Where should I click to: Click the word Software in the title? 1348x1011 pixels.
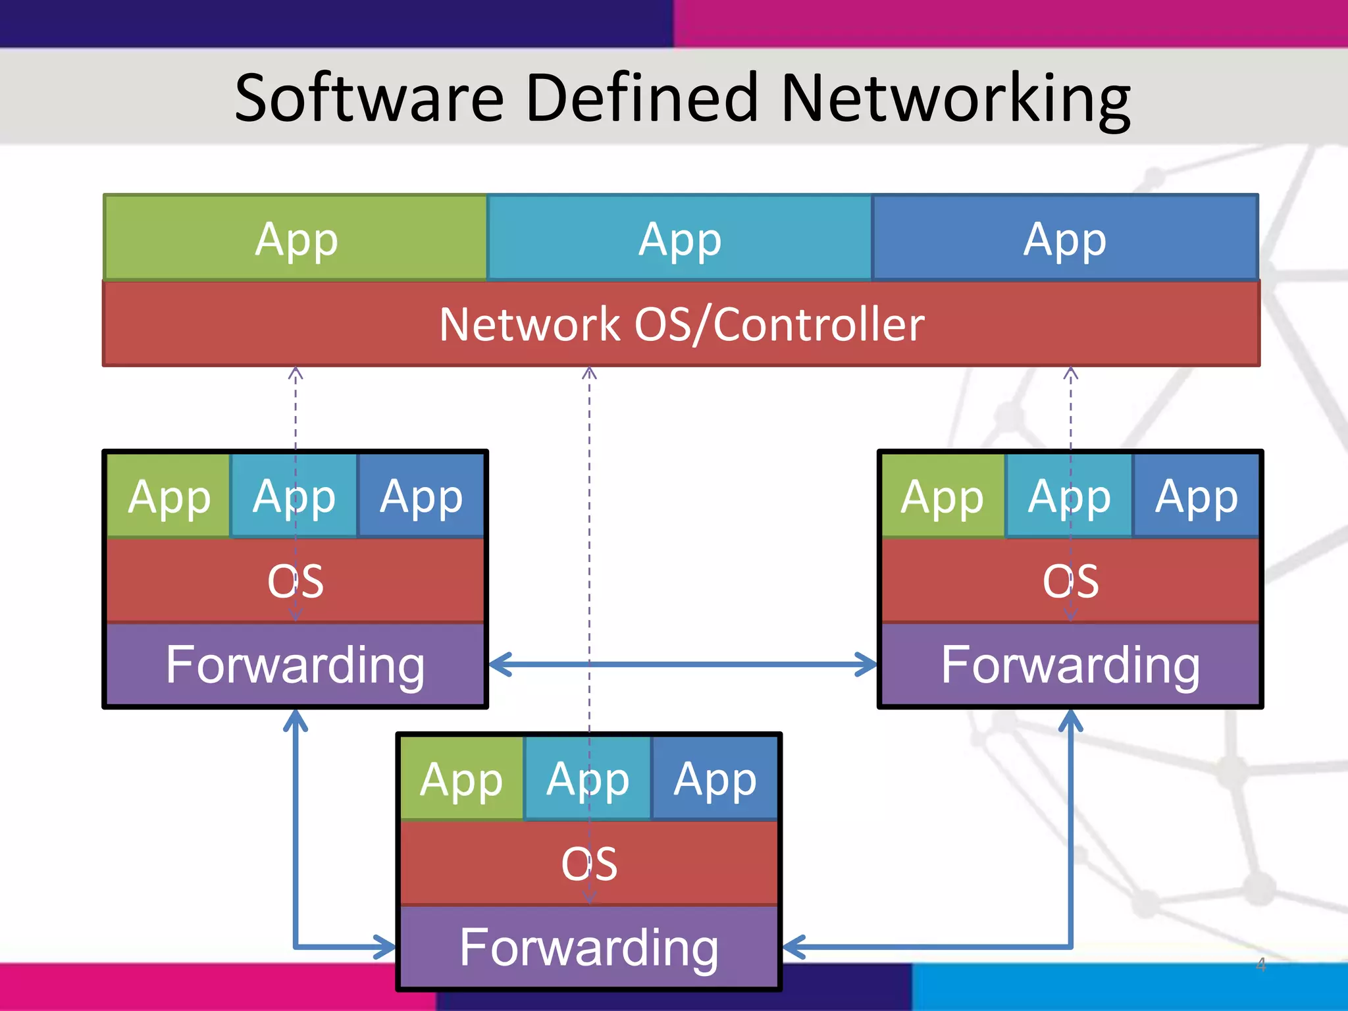pos(369,99)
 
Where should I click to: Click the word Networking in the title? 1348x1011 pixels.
pos(954,99)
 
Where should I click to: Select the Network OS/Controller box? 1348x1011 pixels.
pos(681,324)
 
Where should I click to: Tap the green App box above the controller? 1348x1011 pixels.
pos(296,238)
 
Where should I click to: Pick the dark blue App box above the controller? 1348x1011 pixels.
pos(1065,238)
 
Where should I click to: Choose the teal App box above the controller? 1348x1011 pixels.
pos(680,238)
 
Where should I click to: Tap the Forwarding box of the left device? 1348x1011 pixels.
pos(296,665)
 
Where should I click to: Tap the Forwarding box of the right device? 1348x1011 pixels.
pos(1070,665)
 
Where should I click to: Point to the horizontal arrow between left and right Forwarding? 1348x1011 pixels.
pos(683,664)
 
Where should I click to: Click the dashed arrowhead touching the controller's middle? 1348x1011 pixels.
pos(589,374)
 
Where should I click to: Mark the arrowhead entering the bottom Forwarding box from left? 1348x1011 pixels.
pos(385,947)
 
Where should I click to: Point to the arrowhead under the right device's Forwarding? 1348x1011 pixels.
pos(1070,721)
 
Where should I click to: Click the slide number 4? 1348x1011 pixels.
pos(1260,965)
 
